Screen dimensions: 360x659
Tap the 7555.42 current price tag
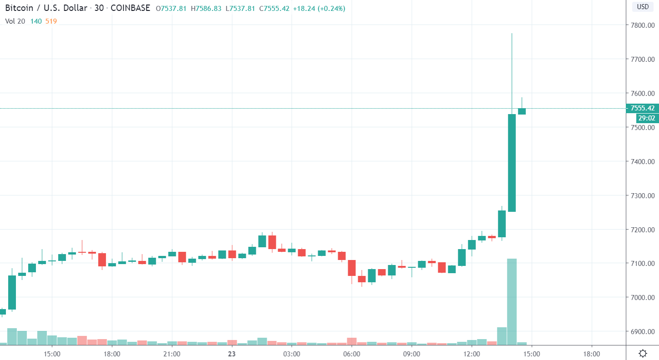click(x=642, y=108)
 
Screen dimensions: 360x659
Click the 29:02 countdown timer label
click(x=646, y=118)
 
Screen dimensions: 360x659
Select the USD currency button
click(x=642, y=7)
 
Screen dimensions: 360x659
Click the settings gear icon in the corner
click(x=643, y=353)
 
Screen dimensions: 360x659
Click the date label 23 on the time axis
click(x=232, y=353)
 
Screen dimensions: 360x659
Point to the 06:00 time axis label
click(x=351, y=353)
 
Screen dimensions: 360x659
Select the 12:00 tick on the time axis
click(x=471, y=353)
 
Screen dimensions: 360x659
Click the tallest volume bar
click(x=512, y=300)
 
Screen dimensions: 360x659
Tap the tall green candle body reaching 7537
click(x=512, y=163)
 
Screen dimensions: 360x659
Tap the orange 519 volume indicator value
click(x=51, y=21)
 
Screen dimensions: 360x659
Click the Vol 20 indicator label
click(x=15, y=21)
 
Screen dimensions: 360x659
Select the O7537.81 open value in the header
click(x=171, y=9)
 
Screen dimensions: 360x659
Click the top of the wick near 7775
click(x=512, y=34)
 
